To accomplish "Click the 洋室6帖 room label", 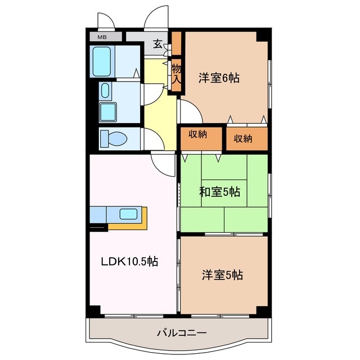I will [219, 78].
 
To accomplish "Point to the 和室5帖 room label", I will [219, 192].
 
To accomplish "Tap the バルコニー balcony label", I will [181, 333].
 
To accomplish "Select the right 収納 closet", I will [242, 137].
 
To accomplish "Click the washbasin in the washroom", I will [105, 91].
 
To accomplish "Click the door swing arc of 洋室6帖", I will [190, 109].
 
